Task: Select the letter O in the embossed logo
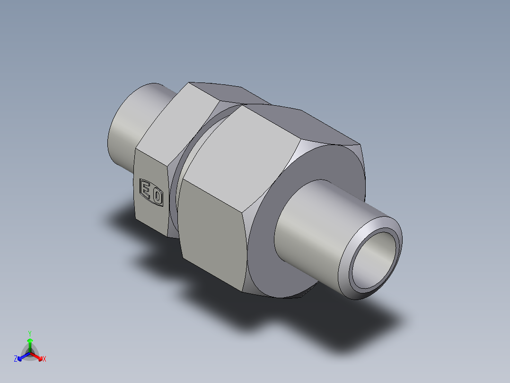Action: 157,195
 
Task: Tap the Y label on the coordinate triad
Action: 29,333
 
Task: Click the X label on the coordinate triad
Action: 44,359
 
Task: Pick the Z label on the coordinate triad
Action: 16,359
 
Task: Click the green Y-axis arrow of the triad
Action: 30,343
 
